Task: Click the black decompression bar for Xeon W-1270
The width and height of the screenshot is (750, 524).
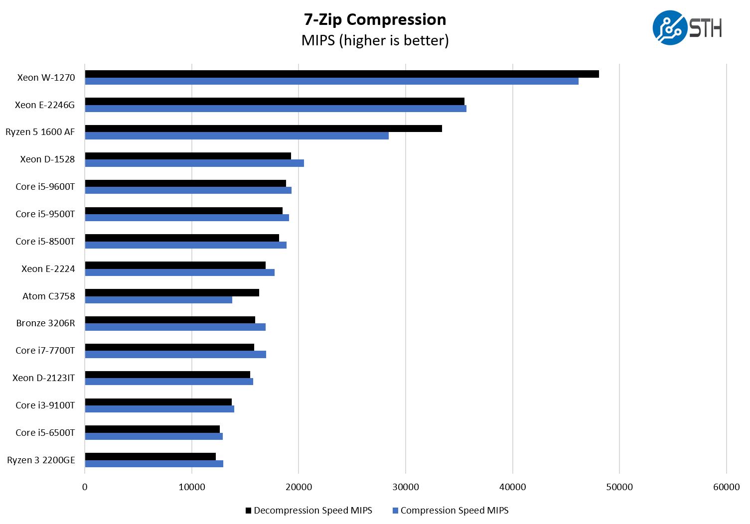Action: coord(342,74)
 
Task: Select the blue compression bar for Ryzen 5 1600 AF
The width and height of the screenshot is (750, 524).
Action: coord(237,135)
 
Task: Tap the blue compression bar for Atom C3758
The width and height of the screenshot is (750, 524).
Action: coord(158,300)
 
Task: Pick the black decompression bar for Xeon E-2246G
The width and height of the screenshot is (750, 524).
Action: coord(275,102)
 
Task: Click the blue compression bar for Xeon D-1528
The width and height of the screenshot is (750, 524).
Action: coord(194,163)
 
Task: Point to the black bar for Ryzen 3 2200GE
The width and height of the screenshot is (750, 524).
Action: coord(150,456)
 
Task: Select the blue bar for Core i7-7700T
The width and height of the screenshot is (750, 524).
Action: coord(175,354)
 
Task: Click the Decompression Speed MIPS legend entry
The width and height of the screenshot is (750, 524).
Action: coord(309,511)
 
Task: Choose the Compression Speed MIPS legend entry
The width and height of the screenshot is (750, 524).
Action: coord(450,511)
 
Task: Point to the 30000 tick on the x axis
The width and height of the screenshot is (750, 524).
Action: coord(406,487)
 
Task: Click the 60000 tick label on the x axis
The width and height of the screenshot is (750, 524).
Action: coord(726,487)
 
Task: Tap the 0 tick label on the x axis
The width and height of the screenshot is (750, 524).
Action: coord(85,487)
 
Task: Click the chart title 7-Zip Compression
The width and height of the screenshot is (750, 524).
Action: coord(375,19)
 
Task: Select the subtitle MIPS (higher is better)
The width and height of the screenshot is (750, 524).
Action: coord(375,40)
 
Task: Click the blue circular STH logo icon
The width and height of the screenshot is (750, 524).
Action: coord(669,28)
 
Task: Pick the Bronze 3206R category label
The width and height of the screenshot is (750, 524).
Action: coord(45,323)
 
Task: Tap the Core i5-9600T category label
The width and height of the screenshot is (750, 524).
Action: coord(45,187)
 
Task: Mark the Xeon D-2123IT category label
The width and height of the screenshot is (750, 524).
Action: coord(44,378)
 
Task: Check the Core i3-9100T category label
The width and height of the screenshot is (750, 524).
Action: coord(45,405)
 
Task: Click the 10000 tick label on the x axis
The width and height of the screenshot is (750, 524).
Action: coord(192,487)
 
